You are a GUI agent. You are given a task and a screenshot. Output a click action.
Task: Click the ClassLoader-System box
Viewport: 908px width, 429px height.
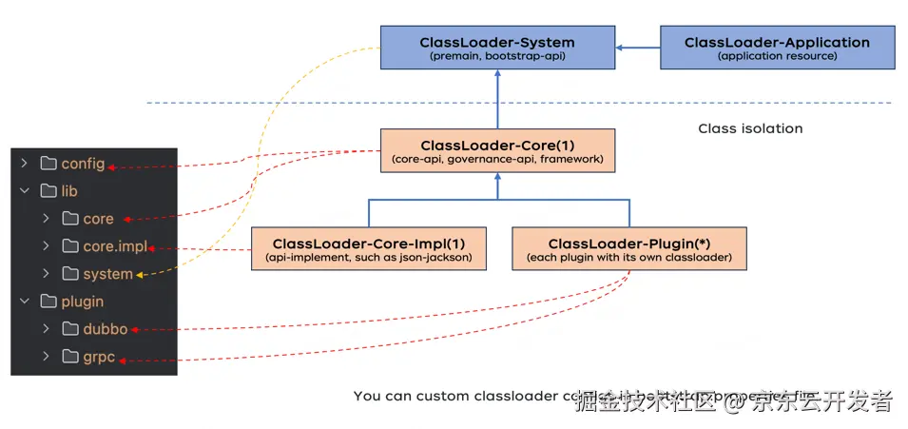pyautogui.click(x=496, y=48)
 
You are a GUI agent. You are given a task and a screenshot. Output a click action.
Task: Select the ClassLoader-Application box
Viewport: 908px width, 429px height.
pyautogui.click(x=777, y=48)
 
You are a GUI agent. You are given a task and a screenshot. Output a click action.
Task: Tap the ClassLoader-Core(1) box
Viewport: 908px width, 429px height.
pyautogui.click(x=496, y=151)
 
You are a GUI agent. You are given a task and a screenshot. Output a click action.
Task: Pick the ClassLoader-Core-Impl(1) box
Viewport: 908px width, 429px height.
pyautogui.click(x=370, y=248)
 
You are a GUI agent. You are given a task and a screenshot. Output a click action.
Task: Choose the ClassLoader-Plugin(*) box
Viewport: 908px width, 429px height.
pyautogui.click(x=628, y=248)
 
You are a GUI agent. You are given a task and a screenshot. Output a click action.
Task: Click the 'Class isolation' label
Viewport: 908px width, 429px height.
pyautogui.click(x=750, y=128)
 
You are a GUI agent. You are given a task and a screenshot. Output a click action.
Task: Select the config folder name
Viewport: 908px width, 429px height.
pyautogui.click(x=83, y=164)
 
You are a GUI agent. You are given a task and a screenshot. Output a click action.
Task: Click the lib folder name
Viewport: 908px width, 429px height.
pyautogui.click(x=69, y=191)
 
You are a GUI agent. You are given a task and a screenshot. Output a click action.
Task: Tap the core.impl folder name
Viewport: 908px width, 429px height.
pyautogui.click(x=115, y=246)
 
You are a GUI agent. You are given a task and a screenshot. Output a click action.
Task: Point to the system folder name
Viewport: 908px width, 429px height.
pyautogui.click(x=107, y=274)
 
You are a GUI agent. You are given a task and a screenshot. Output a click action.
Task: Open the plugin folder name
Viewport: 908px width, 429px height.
pyautogui.click(x=83, y=302)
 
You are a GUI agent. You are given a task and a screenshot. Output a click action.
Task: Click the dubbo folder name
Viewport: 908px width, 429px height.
pyautogui.click(x=105, y=329)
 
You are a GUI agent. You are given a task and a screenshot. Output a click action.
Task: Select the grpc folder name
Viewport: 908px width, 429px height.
pyautogui.click(x=101, y=357)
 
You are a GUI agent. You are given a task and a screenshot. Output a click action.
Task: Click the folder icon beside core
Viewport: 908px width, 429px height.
pyautogui.click(x=69, y=219)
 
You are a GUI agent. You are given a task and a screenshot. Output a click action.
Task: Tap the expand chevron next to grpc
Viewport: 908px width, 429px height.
pyautogui.click(x=45, y=357)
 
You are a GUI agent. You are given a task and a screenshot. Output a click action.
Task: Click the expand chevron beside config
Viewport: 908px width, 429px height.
pyautogui.click(x=24, y=164)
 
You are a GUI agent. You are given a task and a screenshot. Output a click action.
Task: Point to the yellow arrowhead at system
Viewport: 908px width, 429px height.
pyautogui.click(x=140, y=275)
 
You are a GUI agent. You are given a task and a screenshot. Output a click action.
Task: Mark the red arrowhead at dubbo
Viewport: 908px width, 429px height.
pyautogui.click(x=134, y=330)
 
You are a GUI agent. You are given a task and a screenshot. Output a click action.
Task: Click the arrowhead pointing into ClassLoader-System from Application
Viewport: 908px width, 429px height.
pyautogui.click(x=618, y=48)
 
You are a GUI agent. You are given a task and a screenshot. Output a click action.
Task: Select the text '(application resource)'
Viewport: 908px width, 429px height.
pyautogui.click(x=777, y=57)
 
